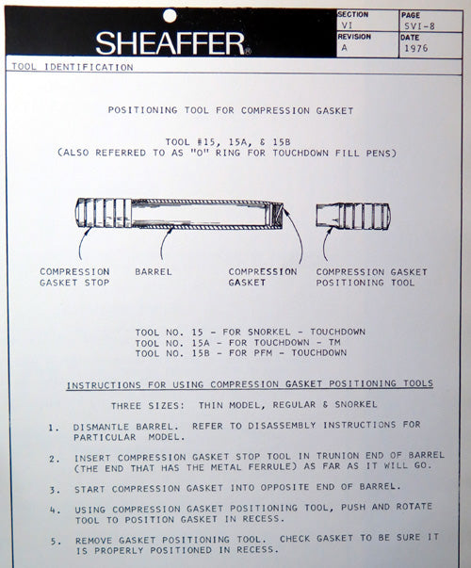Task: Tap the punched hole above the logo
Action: [170, 15]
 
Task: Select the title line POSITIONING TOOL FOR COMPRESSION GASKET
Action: [231, 110]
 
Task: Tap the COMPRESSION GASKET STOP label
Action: [74, 277]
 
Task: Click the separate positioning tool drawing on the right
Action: [352, 216]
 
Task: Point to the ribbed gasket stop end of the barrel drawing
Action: [103, 214]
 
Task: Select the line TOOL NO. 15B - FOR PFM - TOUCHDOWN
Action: [241, 353]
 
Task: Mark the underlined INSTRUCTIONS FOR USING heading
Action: [250, 384]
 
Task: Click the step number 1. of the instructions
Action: [54, 427]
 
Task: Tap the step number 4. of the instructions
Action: [54, 510]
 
